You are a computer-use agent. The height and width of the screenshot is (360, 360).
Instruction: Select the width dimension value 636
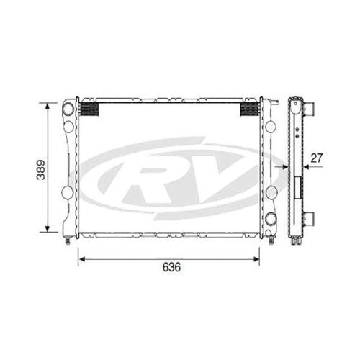[171, 267]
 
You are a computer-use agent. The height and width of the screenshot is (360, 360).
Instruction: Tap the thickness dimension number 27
[316, 158]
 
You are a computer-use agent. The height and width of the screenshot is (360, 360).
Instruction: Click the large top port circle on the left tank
[68, 109]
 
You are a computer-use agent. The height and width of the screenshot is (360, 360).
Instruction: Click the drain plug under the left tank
[68, 240]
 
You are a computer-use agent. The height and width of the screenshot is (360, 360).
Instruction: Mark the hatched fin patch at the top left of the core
[87, 109]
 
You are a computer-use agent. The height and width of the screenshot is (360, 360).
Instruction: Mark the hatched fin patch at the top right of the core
[250, 109]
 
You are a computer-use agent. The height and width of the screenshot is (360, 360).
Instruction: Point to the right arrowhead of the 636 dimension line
[260, 256]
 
